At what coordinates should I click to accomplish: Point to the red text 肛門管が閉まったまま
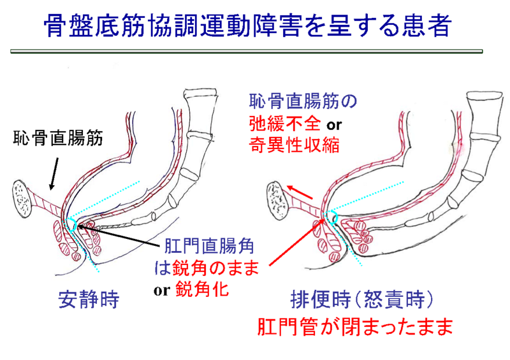tap(355, 327)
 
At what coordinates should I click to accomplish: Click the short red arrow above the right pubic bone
tap(300, 191)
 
